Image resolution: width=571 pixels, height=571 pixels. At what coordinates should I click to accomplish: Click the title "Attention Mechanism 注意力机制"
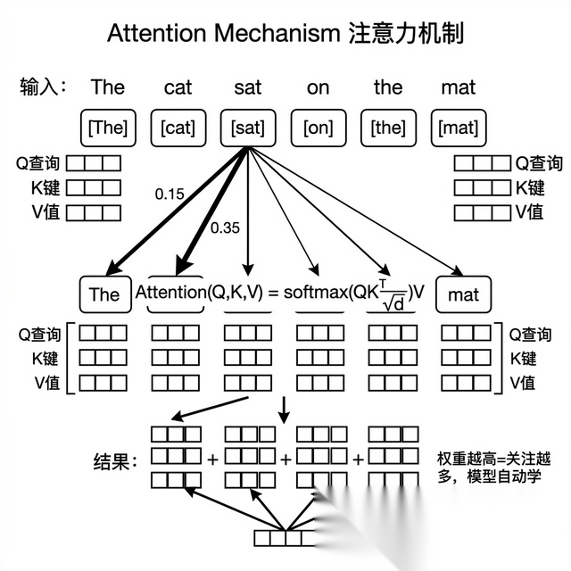[285, 33]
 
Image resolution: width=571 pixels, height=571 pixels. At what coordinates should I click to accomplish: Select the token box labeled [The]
[107, 128]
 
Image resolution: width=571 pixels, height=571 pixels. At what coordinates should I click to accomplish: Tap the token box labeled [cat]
[178, 128]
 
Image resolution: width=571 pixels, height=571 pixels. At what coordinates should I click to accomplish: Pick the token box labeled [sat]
[247, 128]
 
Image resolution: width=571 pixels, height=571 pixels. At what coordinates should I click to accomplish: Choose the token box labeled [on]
[318, 128]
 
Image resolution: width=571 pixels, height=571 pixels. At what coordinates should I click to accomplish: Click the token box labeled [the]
[388, 128]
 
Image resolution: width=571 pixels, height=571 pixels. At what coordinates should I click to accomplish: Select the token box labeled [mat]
[459, 128]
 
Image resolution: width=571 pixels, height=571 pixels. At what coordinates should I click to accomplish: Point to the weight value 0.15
[169, 194]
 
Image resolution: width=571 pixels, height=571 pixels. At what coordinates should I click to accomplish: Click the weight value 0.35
[226, 228]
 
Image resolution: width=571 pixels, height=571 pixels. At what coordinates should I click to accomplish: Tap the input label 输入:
[44, 87]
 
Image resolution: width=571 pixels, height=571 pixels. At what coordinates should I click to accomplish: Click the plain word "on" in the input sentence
[318, 87]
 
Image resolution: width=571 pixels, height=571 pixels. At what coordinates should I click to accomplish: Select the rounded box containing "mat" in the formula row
[463, 294]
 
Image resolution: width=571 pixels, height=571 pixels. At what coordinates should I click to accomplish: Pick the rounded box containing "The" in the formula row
[104, 294]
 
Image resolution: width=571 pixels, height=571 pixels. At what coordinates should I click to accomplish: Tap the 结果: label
[116, 461]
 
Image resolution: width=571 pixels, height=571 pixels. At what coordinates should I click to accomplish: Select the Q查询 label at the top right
[537, 163]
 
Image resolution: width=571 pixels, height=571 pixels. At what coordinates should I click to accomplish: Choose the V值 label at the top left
[40, 213]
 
